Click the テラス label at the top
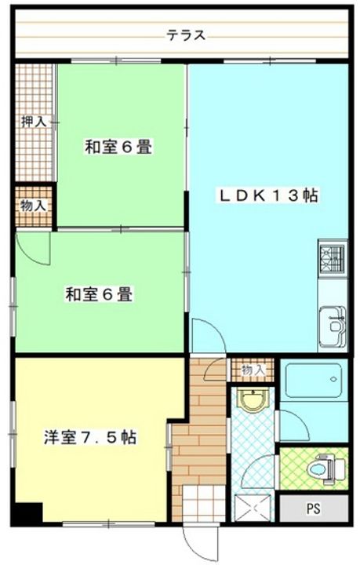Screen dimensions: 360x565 coord(186,35)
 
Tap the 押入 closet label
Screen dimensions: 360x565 coord(34,122)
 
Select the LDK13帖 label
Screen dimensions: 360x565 coord(268,195)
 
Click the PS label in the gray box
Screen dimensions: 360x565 coord(314,508)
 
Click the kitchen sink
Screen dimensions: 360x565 coord(333,326)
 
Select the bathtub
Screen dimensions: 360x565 coord(314,380)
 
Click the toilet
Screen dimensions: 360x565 coord(324,469)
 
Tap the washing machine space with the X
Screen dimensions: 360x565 coord(252,508)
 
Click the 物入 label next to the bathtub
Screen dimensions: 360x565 coord(253,370)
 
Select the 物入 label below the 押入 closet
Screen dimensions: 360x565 coord(34,206)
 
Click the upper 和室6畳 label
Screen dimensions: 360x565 coord(118,147)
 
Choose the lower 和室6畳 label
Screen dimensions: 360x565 coord(99,294)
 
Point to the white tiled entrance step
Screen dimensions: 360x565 coord(204,503)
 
